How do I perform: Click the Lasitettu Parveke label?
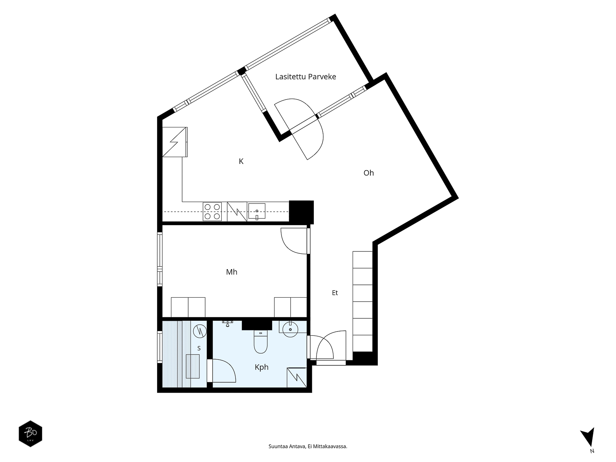tap(305, 77)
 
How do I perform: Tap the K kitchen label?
tap(241, 161)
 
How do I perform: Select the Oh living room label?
tap(368, 173)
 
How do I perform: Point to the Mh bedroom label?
tap(231, 272)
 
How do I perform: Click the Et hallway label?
tap(335, 293)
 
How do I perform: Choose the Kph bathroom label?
tap(261, 367)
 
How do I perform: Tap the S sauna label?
tap(199, 348)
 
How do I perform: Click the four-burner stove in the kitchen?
tap(212, 211)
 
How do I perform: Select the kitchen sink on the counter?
tap(256, 211)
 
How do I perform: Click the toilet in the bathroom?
tap(261, 341)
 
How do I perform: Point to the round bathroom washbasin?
tap(290, 329)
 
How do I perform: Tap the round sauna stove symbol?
tap(200, 331)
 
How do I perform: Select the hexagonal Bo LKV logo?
tap(30, 434)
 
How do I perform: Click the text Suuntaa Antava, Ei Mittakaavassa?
tap(308, 446)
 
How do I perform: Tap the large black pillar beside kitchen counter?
tap(301, 212)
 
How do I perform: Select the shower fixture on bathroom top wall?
tap(227, 323)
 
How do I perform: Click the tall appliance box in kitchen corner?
tap(174, 142)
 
